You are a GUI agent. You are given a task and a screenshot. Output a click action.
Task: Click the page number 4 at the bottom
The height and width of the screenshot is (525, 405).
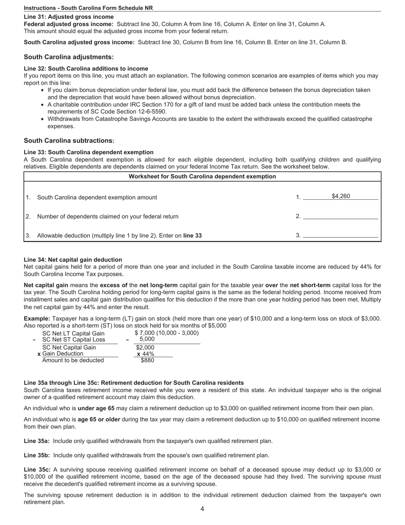[202, 509]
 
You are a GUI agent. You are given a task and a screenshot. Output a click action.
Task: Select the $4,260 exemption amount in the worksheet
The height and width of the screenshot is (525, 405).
[341, 196]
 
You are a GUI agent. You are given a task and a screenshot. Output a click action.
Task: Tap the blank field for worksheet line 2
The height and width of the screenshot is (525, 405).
[340, 216]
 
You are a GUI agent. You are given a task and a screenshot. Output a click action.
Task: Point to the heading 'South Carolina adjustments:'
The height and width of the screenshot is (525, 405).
[69, 57]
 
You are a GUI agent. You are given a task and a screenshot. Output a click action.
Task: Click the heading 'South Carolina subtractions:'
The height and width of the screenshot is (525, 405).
[69, 140]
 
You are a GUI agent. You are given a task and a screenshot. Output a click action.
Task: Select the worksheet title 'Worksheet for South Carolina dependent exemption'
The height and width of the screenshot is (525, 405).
[202, 176]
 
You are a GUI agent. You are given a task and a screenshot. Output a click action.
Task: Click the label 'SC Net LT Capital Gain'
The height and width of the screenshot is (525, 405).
[73, 333]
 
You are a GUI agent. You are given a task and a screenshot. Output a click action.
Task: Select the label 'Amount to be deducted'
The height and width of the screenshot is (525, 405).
[73, 360]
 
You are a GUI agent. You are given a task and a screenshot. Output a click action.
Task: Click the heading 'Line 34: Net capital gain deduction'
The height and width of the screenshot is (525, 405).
[73, 260]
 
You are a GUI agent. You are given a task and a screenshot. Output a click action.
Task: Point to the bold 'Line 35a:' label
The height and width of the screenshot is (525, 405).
[37, 441]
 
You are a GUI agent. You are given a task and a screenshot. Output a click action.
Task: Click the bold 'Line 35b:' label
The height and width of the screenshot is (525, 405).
[37, 455]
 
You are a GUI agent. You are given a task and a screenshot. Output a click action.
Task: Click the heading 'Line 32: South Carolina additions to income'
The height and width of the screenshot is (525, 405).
[86, 69]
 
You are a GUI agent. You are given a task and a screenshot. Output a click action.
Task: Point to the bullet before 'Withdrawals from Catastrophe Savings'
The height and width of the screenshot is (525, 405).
[42, 119]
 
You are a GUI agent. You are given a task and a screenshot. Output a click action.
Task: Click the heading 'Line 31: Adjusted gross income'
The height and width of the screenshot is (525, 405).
[69, 17]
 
